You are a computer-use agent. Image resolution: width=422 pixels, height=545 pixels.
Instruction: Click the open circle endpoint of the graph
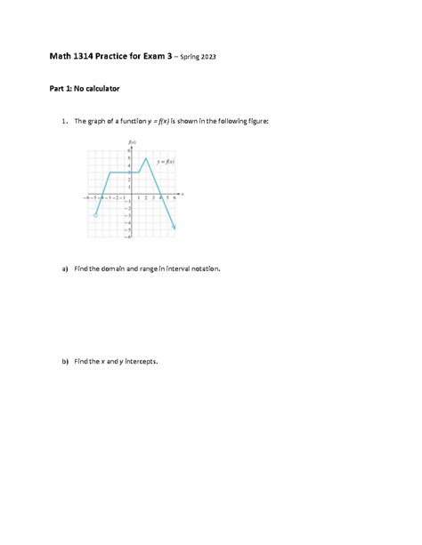(95, 215)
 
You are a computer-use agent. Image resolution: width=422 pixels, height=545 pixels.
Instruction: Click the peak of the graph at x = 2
(146, 158)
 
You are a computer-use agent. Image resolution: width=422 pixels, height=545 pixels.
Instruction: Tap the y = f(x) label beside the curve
(165, 162)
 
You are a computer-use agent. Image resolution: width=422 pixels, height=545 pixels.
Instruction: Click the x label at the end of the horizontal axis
(182, 192)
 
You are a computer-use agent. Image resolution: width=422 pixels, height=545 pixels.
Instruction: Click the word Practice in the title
(110, 57)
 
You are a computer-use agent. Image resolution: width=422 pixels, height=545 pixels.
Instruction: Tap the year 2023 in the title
(206, 58)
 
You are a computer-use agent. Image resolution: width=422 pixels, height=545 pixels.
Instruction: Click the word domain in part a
(112, 268)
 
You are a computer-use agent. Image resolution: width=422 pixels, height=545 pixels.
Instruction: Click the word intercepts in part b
(141, 362)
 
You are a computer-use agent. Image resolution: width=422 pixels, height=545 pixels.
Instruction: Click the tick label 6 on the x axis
(174, 198)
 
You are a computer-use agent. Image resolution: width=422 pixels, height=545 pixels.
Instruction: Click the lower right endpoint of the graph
(174, 229)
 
